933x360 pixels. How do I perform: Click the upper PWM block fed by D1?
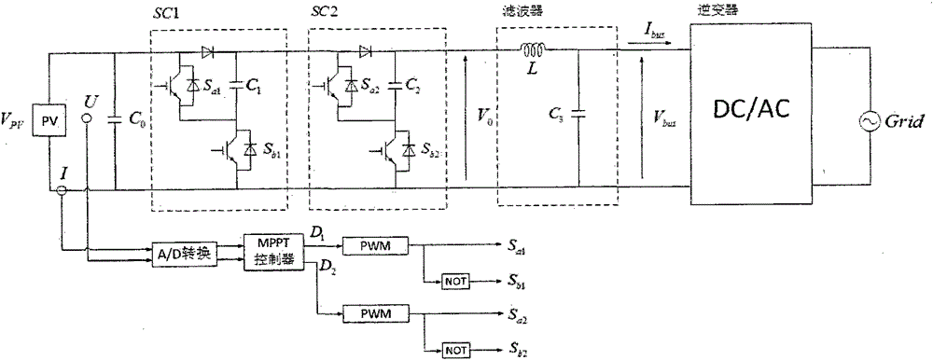370,243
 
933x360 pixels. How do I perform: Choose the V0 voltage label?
484,118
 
